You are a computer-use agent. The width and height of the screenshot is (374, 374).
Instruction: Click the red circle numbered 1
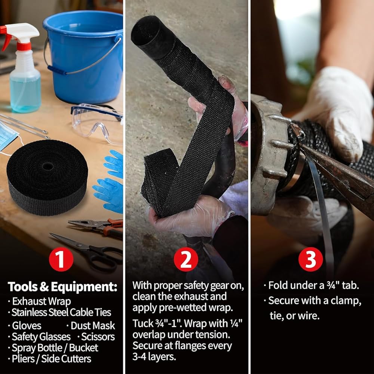click(x=61, y=259)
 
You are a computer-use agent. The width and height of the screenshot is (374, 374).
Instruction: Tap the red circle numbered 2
click(x=186, y=259)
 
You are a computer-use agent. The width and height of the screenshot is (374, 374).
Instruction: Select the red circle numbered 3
click(x=310, y=259)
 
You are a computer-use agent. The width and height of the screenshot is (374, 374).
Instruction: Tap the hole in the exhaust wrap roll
click(x=48, y=166)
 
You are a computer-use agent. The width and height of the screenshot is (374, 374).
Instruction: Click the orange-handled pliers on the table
click(x=98, y=227)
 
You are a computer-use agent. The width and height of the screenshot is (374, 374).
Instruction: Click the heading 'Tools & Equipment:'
click(x=62, y=287)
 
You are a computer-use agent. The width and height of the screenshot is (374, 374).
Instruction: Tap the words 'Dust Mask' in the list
click(x=93, y=326)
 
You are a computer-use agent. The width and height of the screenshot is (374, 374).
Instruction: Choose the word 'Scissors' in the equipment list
click(x=98, y=337)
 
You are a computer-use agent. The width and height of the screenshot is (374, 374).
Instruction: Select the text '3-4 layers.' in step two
click(x=154, y=356)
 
